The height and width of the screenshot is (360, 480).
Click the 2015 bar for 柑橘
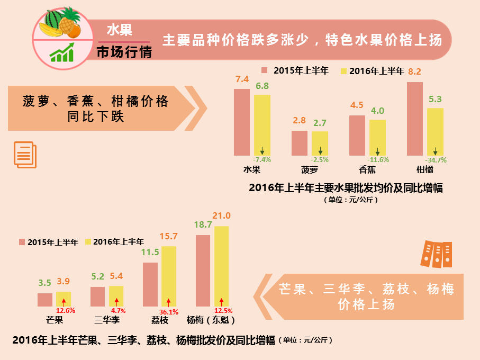(415, 119)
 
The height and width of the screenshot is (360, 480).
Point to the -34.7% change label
(436, 160)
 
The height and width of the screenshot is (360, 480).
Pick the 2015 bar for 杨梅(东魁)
(203, 271)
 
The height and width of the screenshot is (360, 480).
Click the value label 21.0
(221, 216)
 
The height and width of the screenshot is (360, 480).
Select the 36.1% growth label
(169, 312)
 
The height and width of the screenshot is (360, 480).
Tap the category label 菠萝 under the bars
(310, 170)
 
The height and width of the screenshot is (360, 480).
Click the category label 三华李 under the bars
(107, 320)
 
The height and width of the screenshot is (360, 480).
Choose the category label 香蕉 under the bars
(367, 170)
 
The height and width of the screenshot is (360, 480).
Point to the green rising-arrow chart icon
(62, 53)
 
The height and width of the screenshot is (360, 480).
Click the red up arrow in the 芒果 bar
(64, 302)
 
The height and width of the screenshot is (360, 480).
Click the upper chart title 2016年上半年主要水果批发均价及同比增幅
(346, 187)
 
